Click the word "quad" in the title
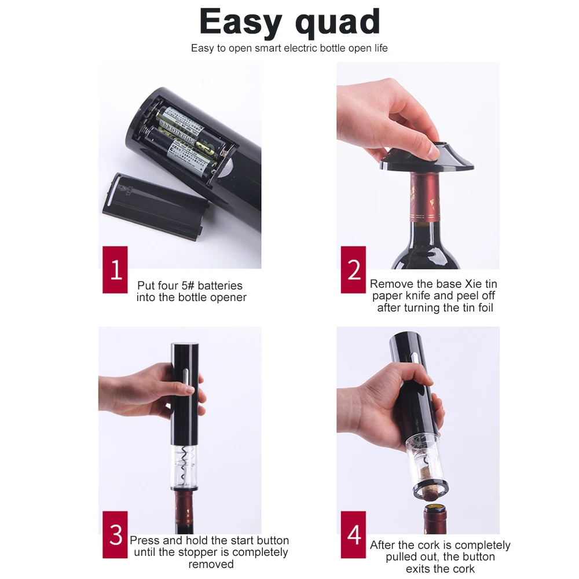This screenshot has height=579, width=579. (338, 23)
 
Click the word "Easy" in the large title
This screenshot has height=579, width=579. (241, 21)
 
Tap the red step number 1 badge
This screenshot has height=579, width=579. (115, 270)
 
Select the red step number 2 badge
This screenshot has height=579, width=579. (353, 270)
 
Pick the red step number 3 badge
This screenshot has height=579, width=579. (115, 534)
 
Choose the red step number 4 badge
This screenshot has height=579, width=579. (353, 534)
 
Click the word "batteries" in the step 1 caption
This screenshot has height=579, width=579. (220, 285)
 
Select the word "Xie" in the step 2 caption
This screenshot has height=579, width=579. (473, 284)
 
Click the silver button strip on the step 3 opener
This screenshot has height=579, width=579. (185, 384)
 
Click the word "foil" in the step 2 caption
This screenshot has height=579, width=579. (486, 307)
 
